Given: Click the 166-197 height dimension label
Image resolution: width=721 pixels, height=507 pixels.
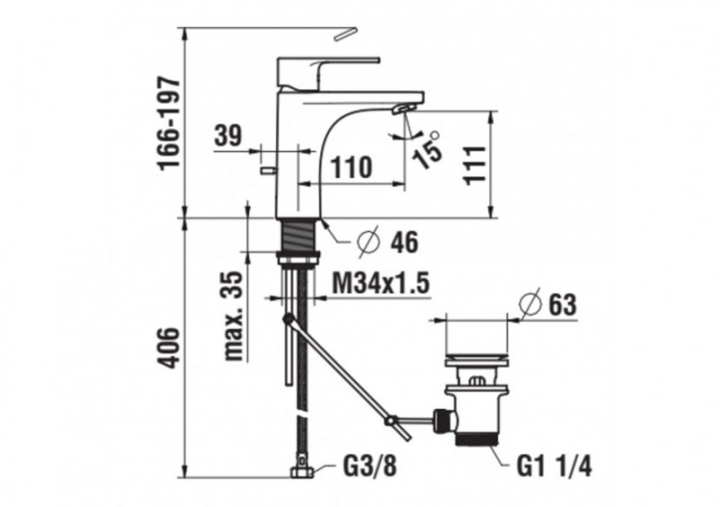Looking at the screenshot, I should coord(169,122).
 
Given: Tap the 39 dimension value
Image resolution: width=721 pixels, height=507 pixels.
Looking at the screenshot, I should coord(228,137).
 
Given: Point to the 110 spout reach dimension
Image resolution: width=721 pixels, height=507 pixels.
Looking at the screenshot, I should coord(352,166).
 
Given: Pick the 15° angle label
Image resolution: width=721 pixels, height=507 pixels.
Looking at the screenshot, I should coord(429,149).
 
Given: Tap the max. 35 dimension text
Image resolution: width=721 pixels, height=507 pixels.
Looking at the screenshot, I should coord(234,315).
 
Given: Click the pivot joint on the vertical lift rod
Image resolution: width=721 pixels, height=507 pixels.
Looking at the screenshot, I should coord(287,318).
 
